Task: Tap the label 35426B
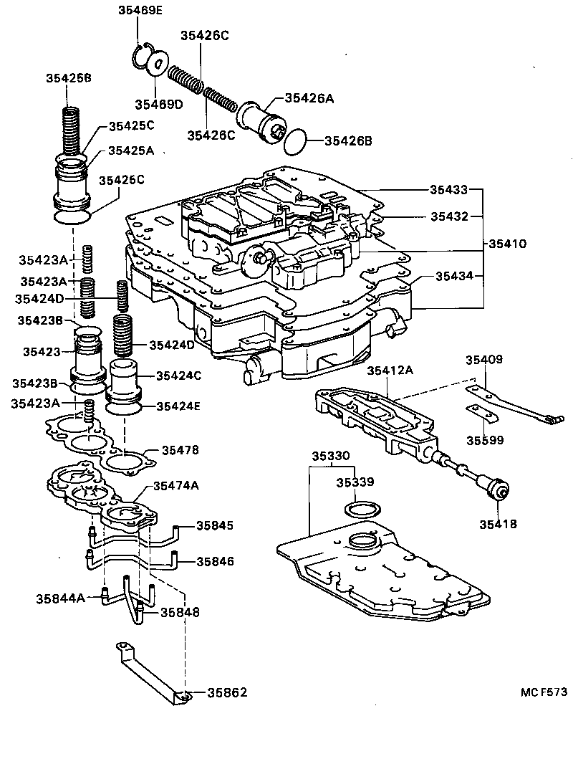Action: pos(348,141)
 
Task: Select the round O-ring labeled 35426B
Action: pos(297,142)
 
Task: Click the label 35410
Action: pos(508,244)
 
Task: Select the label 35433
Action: pos(449,190)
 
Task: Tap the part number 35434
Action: pos(449,276)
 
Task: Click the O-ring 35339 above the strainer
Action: pos(362,510)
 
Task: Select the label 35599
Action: pos(486,440)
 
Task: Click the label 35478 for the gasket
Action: pos(180,450)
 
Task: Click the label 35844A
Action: pos(61,596)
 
